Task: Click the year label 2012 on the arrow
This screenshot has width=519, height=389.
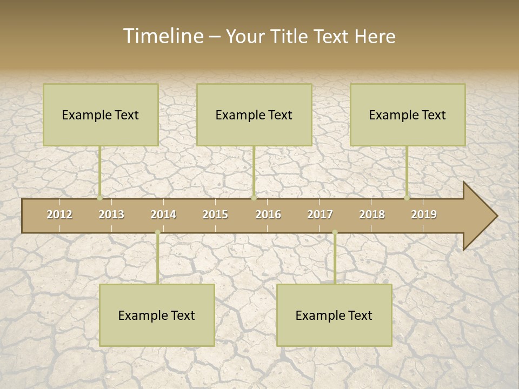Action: [59, 214]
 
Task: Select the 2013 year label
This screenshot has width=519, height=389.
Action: [111, 214]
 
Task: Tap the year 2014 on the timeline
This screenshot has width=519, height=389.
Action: [163, 214]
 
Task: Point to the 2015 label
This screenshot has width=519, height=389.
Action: [215, 214]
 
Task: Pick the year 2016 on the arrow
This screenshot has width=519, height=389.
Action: [268, 214]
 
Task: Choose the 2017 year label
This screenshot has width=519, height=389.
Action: [320, 214]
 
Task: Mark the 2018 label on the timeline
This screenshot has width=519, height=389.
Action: [372, 214]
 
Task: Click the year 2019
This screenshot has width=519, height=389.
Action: [424, 214]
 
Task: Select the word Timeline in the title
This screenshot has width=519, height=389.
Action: [162, 36]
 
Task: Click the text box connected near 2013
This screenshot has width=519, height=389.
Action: [101, 115]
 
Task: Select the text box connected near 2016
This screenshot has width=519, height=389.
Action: [254, 115]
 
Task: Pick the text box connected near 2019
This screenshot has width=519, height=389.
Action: [408, 115]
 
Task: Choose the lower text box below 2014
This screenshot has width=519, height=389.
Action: [157, 315]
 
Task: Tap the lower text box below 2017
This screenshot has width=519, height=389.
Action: [334, 315]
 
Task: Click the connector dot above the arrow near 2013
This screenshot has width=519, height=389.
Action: [100, 198]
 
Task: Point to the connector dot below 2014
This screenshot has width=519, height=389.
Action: [157, 232]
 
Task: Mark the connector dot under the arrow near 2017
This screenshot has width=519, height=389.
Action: [335, 232]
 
